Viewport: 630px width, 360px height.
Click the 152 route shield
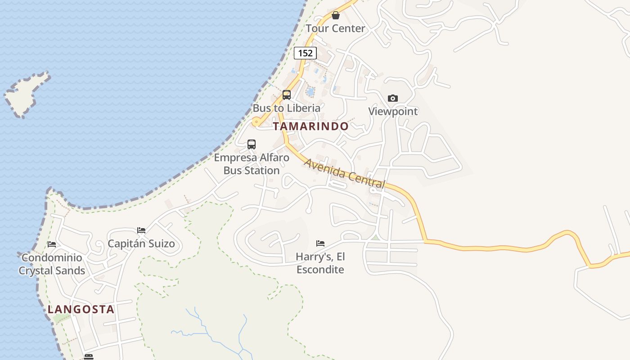[305, 53]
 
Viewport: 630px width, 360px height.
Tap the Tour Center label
[335, 28]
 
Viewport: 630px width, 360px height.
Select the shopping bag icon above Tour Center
[335, 16]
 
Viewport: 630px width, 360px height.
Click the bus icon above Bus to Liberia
[287, 95]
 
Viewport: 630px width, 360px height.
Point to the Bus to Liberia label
[287, 108]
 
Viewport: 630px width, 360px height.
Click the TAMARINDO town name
[310, 126]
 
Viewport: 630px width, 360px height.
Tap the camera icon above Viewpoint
[393, 98]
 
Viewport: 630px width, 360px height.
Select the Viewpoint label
[393, 111]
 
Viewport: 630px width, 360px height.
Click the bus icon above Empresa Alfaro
[252, 144]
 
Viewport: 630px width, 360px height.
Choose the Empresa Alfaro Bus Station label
[252, 164]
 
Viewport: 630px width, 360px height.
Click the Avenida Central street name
[345, 174]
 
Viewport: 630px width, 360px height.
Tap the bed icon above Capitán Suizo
[141, 230]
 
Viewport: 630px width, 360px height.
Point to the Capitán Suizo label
[141, 244]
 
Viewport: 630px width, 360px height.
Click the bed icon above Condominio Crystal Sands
[52, 244]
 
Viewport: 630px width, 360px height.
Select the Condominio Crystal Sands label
[52, 264]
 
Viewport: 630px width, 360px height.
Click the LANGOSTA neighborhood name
[81, 310]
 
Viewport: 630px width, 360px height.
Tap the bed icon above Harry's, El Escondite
[320, 243]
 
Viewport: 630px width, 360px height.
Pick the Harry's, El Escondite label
[320, 263]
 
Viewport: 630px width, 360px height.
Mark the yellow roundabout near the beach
[256, 121]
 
